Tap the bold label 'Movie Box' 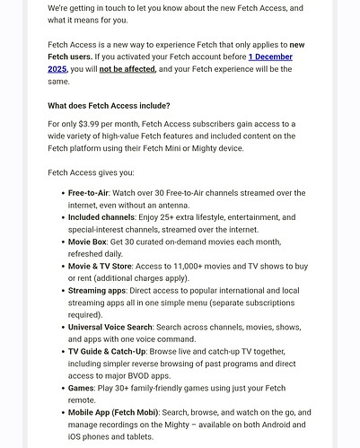click(x=88, y=242)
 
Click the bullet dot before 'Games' click(x=59, y=389)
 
